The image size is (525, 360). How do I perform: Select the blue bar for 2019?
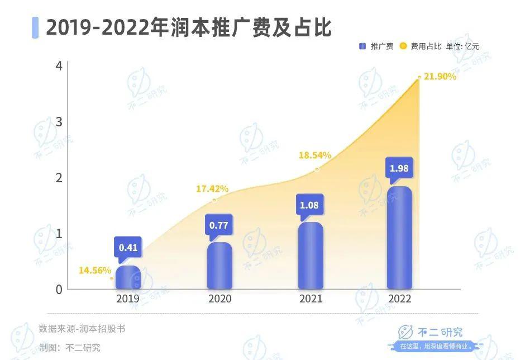coord(128,278)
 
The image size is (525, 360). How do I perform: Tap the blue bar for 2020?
coord(219,266)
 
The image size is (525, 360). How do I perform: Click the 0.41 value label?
coord(128,247)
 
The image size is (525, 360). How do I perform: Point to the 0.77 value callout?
coord(219,225)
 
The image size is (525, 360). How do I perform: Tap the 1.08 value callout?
coord(309,205)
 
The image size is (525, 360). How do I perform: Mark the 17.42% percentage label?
coord(212,189)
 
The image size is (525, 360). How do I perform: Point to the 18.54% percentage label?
coord(315,155)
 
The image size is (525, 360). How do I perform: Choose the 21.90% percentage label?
coord(440,77)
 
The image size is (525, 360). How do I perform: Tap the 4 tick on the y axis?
coord(59,66)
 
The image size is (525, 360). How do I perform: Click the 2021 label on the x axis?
coord(311,299)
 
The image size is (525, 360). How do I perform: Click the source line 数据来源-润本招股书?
coord(82,329)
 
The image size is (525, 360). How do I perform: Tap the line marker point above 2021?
coord(317,169)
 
